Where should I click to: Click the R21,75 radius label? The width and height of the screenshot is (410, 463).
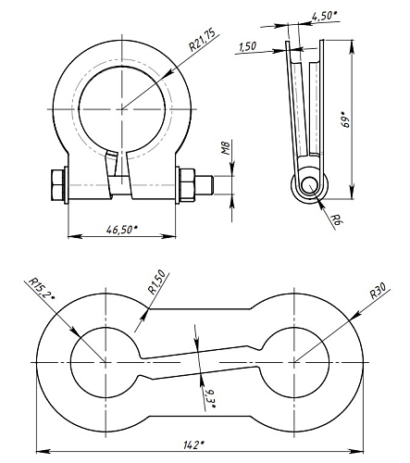tap(202, 41)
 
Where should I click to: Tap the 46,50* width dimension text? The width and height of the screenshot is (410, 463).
tap(121, 230)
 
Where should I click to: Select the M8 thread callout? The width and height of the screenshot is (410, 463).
tap(226, 148)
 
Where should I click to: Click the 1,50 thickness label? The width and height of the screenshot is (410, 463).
tap(247, 46)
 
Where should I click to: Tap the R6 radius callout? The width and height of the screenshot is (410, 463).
tap(337, 219)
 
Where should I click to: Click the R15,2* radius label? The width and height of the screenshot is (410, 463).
tap(42, 288)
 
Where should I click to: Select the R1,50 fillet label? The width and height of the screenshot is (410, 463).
tap(156, 282)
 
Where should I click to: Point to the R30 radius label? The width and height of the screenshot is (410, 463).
tap(378, 291)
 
